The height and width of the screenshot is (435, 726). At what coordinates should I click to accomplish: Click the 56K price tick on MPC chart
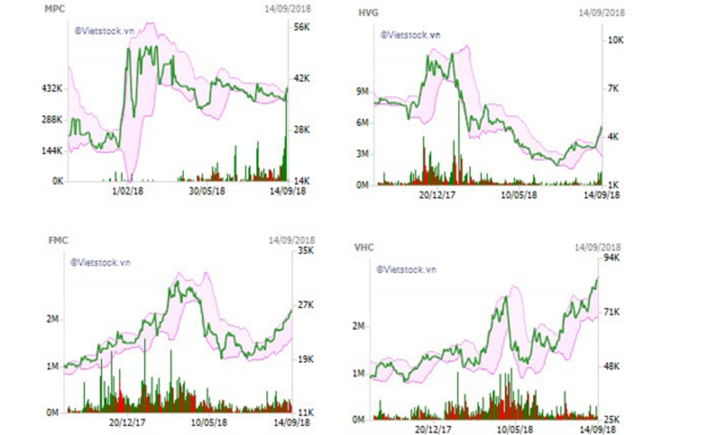click(x=301, y=27)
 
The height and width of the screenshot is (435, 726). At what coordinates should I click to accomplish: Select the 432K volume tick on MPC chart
click(x=53, y=89)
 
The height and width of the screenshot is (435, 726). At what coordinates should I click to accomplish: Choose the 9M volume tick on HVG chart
click(x=363, y=91)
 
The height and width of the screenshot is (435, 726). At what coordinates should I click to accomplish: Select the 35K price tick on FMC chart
click(x=306, y=251)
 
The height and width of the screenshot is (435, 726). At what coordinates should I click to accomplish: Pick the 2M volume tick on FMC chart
click(x=53, y=319)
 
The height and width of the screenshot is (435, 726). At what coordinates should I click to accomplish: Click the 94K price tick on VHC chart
click(x=612, y=258)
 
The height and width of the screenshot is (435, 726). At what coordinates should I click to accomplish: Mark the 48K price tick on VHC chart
click(x=612, y=367)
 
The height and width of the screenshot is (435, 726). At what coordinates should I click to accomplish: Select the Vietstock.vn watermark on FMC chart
click(x=100, y=262)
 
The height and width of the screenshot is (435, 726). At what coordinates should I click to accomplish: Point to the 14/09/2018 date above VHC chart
click(x=599, y=246)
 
